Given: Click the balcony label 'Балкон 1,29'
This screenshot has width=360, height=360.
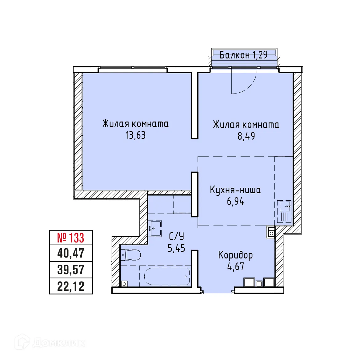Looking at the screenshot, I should pos(243,55).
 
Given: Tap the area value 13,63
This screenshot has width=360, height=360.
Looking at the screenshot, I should pos(135,135).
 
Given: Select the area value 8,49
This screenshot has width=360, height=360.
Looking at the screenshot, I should pos(246,136).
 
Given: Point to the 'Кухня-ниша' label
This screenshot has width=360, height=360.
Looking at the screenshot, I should pos(235,190).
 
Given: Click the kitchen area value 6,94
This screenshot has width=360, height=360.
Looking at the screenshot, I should pos(235,202).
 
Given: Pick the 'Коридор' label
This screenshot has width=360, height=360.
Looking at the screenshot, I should pos(235,255).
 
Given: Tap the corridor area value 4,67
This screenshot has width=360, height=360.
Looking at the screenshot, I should pos(236,266).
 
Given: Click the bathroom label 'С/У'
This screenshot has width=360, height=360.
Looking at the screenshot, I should pos(177,236).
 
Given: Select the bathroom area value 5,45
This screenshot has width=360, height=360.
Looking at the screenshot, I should pos(176,248).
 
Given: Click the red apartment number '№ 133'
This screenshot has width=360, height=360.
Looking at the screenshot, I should pos(71,238).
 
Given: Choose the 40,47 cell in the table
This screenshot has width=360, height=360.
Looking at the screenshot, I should pos(71,253).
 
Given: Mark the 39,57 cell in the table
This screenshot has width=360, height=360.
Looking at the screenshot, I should pos(71,270).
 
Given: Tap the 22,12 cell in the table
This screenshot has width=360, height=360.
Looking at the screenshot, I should pos(71,286).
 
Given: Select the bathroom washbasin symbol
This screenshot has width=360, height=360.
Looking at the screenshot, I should pos(155,228).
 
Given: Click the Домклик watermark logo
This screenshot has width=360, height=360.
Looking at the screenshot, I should pos(50,342).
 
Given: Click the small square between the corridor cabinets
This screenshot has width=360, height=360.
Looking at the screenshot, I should pos(259,283).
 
